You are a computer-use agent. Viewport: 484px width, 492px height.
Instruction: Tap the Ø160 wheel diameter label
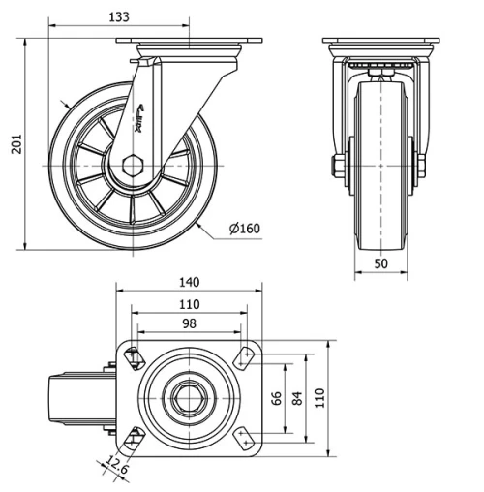(245, 229)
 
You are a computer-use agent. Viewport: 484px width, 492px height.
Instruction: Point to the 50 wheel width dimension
(380, 263)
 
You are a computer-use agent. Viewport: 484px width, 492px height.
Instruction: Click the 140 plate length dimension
(189, 282)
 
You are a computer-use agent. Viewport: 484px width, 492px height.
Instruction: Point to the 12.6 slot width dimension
(118, 469)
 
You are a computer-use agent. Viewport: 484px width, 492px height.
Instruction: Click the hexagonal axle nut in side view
(133, 164)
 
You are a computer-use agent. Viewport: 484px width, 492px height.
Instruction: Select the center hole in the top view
(188, 398)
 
